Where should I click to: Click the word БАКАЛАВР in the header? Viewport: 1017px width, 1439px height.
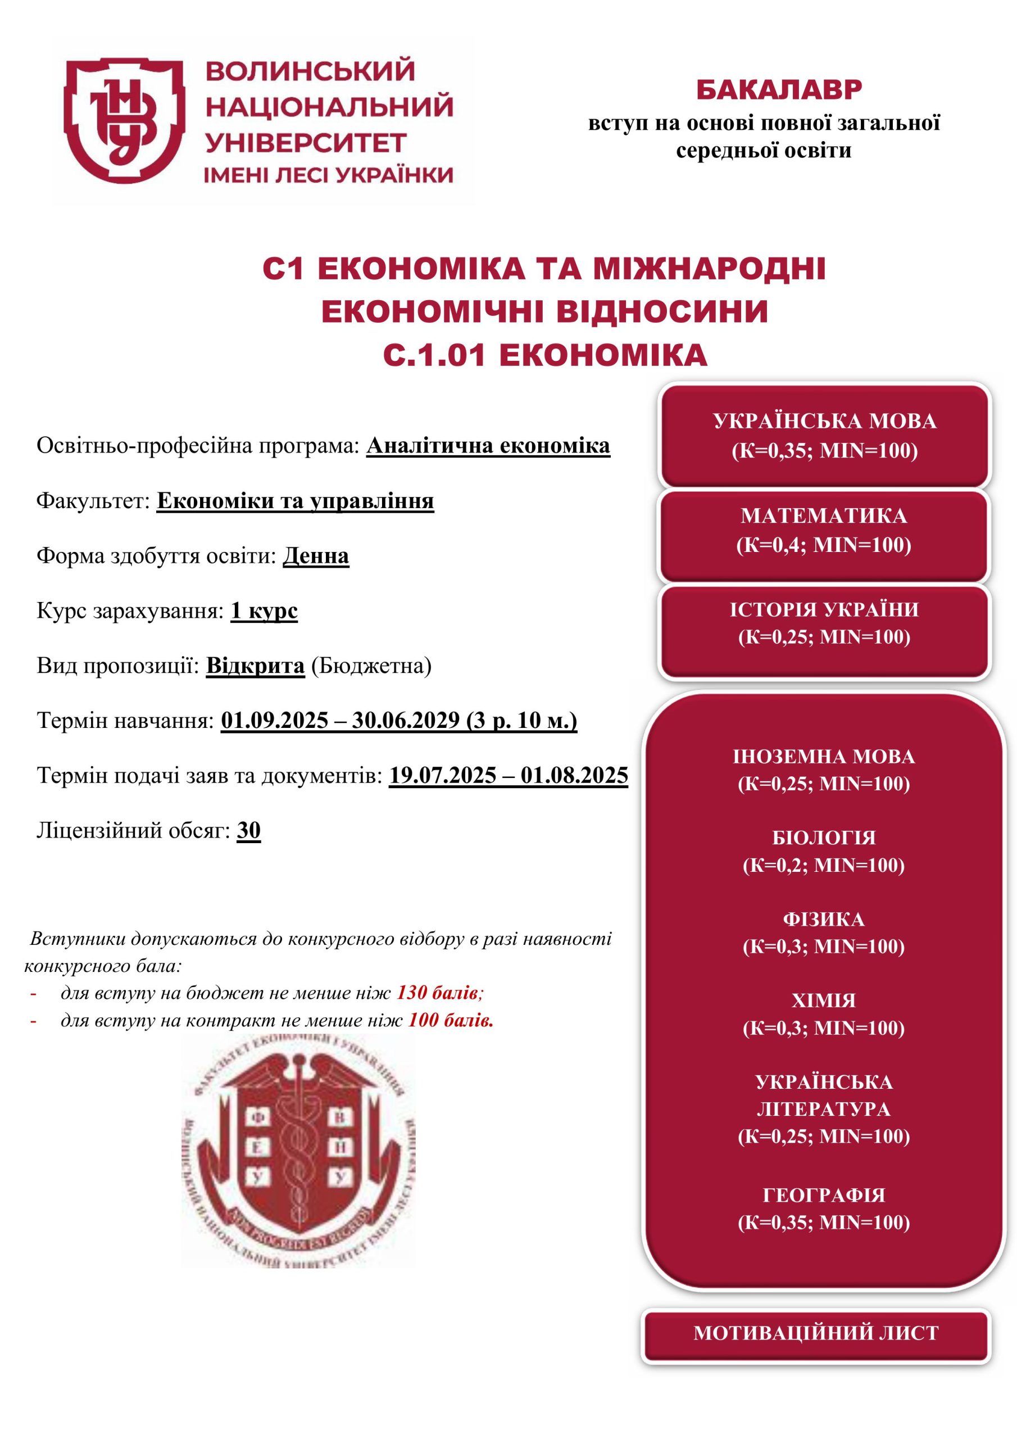[779, 90]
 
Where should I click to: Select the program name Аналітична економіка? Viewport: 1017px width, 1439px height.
[488, 446]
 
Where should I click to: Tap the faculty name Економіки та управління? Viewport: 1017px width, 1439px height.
[295, 501]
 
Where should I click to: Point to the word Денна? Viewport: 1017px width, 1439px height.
[316, 556]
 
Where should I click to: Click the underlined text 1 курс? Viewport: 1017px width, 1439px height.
[264, 610]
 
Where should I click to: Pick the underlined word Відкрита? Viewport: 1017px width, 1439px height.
[255, 665]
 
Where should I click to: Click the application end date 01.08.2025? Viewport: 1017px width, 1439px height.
[574, 775]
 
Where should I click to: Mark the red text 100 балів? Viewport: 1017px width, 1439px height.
[451, 1020]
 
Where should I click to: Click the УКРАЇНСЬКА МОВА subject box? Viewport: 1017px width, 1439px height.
[824, 436]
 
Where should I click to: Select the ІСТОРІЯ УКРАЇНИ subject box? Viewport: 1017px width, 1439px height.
[824, 623]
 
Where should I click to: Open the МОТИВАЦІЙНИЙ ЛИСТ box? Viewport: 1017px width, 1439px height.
[816, 1332]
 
